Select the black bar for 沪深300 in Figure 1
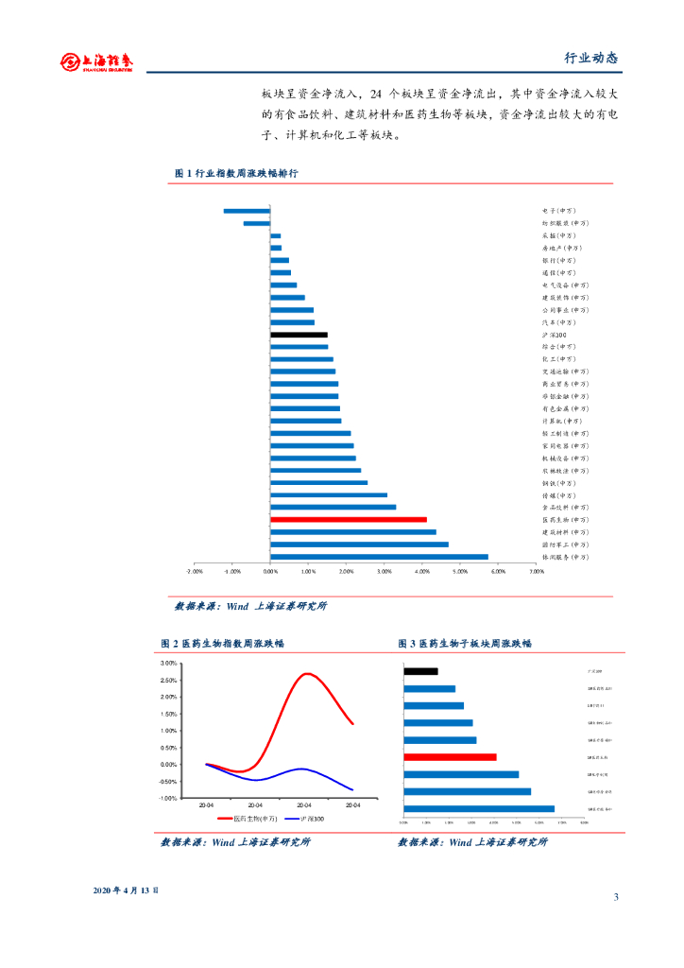click(299, 335)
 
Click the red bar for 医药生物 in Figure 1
click(348, 519)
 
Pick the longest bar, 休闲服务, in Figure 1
click(379, 557)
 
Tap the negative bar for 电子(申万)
click(247, 211)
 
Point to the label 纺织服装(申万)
click(565, 223)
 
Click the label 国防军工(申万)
click(565, 544)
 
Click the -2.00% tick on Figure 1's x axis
click(195, 571)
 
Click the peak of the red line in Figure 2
click(308, 674)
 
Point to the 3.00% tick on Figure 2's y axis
click(169, 664)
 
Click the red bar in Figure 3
click(450, 757)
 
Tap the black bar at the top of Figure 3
click(420, 671)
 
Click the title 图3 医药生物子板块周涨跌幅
click(465, 643)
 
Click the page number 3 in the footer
click(615, 897)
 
